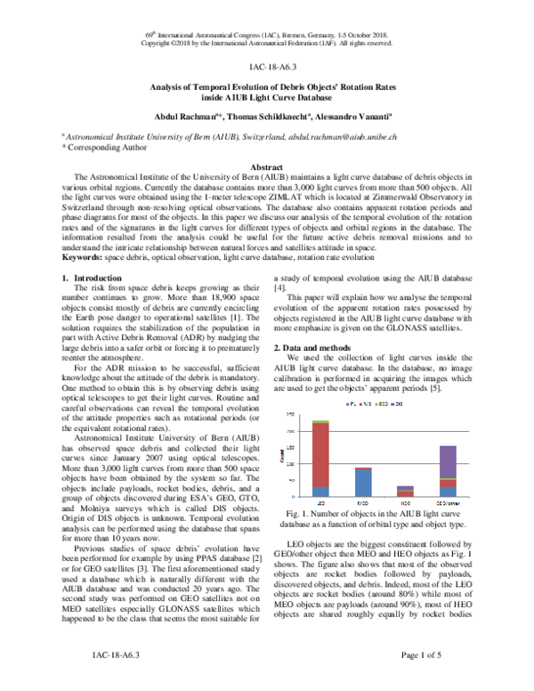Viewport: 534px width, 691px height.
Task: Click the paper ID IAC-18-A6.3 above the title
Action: (268, 66)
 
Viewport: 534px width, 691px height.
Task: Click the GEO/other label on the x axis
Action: (448, 500)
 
